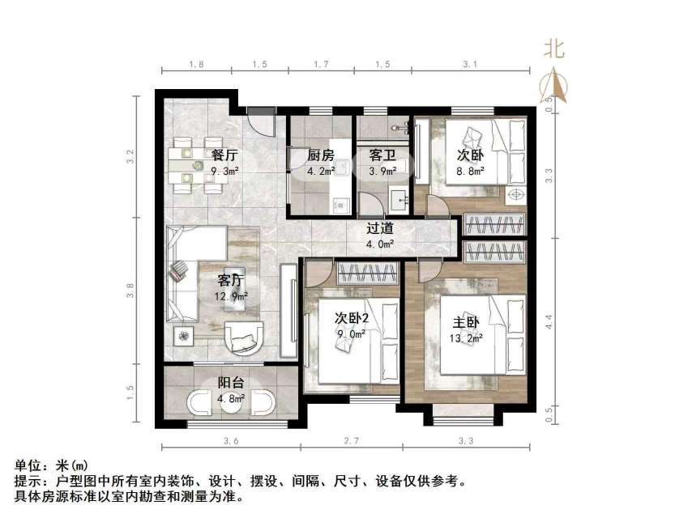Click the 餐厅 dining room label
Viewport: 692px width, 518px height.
click(224, 155)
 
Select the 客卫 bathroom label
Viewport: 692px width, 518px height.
click(382, 155)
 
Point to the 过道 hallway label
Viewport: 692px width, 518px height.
click(380, 229)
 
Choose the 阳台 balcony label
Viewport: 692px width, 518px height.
click(230, 384)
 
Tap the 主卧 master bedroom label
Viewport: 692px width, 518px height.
click(468, 323)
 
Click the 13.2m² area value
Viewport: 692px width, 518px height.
click(468, 338)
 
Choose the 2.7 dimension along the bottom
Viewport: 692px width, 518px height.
click(352, 441)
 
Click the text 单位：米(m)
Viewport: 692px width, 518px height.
click(51, 466)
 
